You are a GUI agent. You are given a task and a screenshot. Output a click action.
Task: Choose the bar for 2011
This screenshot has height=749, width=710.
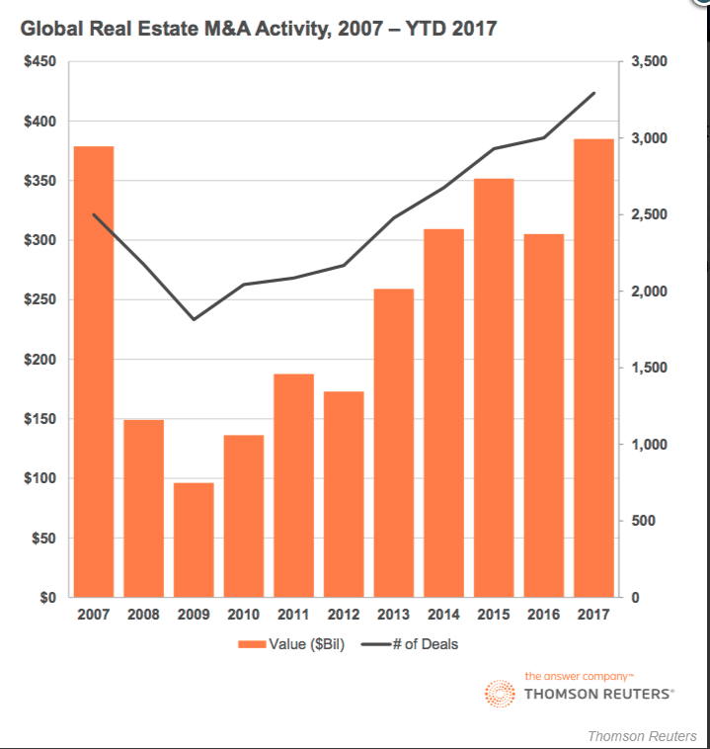(x=293, y=485)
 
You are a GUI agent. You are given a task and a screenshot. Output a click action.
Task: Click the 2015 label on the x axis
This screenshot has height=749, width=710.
(x=494, y=615)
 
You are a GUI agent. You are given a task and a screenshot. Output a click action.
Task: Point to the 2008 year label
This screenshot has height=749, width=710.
(x=144, y=615)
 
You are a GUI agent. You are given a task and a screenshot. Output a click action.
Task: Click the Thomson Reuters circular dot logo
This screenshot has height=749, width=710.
(x=500, y=693)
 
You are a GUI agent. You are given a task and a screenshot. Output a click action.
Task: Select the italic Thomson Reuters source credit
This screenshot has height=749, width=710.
(x=642, y=736)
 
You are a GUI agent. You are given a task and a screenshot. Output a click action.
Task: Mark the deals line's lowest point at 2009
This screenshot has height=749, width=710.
(x=194, y=319)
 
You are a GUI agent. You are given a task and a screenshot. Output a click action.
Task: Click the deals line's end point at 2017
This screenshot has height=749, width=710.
(x=594, y=93)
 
